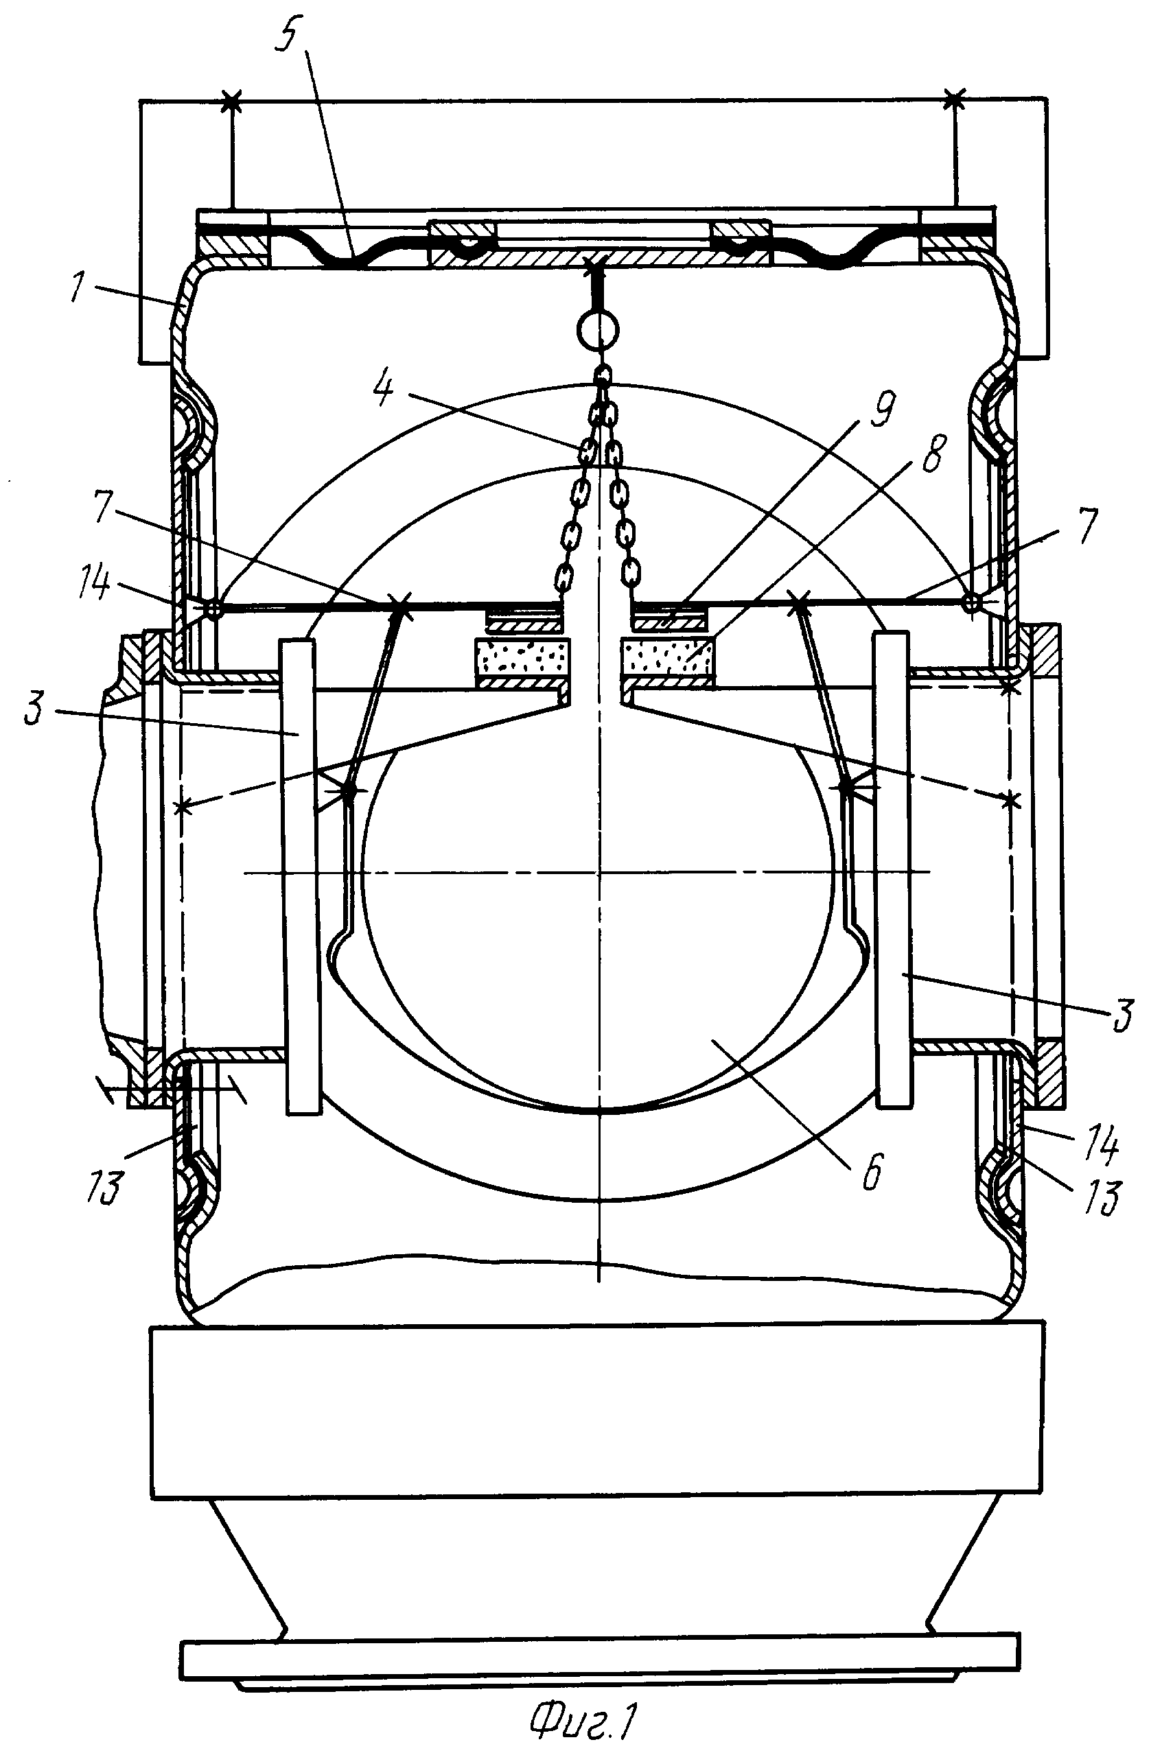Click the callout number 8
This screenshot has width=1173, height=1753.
(x=933, y=455)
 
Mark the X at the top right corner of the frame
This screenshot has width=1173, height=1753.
(x=955, y=98)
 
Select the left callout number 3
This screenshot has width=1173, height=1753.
(x=34, y=707)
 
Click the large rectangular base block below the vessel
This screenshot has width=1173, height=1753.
(x=597, y=1409)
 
